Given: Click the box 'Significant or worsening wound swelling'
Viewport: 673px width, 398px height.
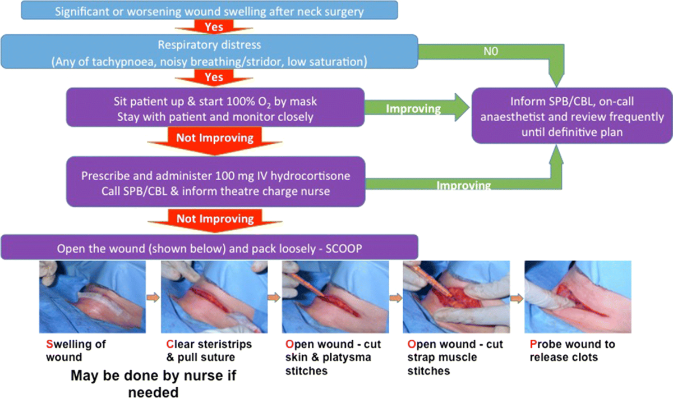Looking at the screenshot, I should click(x=209, y=11).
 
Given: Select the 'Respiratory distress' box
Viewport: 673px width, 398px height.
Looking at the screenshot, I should click(x=209, y=53).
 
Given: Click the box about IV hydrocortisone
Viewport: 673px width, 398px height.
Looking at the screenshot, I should click(x=216, y=183).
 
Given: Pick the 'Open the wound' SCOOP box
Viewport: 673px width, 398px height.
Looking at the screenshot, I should click(x=209, y=247).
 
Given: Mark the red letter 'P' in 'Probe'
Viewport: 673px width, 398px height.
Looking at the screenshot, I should click(x=532, y=344).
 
